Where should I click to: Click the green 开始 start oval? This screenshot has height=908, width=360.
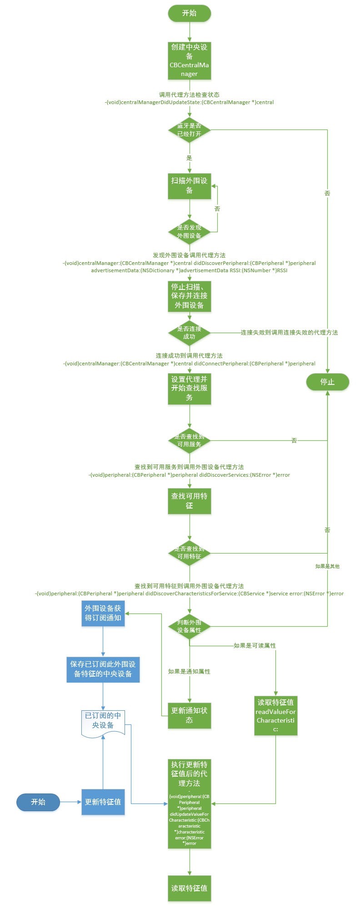189,13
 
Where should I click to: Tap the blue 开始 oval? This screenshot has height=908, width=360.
38,802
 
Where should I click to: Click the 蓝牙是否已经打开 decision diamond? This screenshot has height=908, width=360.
189,130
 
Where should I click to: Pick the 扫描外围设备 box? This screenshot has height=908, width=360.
189,185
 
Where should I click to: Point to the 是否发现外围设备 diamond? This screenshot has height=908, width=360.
189,232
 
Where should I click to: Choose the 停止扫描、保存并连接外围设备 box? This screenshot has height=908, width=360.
189,296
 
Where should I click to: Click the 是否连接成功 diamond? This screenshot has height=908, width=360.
189,333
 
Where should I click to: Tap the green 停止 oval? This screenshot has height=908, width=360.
327,382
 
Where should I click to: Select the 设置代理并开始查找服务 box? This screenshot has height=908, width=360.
189,388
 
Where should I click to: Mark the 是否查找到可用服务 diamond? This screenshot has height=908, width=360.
189,440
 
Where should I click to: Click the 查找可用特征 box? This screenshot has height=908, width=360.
189,501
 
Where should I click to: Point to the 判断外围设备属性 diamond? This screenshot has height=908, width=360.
189,626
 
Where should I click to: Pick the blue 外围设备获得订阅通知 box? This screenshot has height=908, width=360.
103,613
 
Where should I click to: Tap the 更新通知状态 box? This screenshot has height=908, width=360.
189,715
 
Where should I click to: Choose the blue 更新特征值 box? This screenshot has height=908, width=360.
103,802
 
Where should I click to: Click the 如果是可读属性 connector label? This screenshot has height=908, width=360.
255,645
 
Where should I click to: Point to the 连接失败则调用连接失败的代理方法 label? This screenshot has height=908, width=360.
289,333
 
